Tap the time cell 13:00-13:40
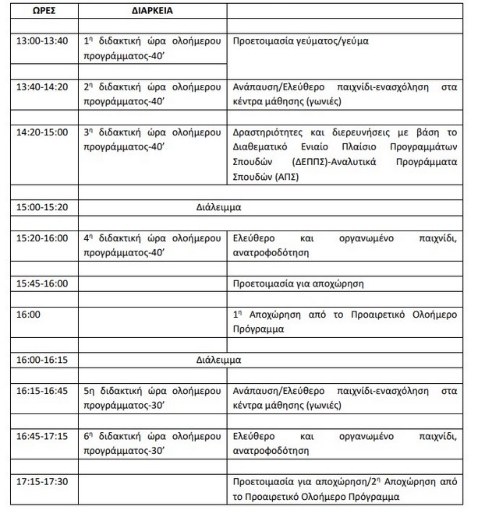click(x=42, y=41)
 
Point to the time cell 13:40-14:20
click(x=42, y=86)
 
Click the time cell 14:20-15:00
click(x=42, y=132)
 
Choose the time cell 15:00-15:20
click(x=42, y=207)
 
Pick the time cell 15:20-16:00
click(x=42, y=237)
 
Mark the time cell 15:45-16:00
click(x=42, y=283)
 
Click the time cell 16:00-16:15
click(x=42, y=360)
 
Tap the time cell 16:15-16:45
click(x=42, y=390)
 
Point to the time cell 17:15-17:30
click(x=42, y=481)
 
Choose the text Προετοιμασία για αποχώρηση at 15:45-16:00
click(x=299, y=283)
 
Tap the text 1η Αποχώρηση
click(x=266, y=314)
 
